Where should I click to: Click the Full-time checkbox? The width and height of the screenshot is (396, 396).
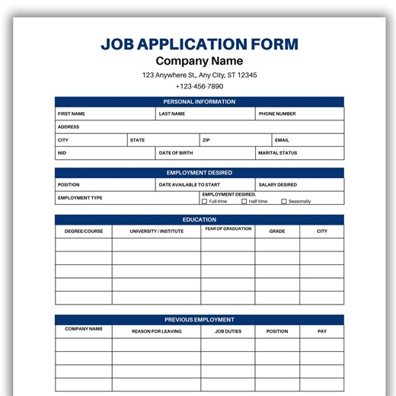204,202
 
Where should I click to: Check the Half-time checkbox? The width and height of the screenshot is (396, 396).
244,202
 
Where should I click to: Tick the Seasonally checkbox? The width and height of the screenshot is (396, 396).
284,202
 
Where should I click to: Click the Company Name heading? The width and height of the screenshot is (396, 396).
200,61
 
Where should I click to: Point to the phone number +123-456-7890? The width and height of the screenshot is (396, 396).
200,87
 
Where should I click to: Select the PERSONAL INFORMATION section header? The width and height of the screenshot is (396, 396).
200,102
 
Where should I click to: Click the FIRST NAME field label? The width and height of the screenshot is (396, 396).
72,114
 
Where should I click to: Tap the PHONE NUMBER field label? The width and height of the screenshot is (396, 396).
277,114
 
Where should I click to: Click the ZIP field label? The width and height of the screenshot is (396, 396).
206,140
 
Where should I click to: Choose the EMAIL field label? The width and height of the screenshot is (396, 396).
282,140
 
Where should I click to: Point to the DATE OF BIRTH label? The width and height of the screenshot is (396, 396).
176,153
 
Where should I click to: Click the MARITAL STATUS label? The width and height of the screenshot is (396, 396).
278,153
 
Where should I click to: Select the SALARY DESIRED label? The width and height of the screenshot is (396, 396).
278,185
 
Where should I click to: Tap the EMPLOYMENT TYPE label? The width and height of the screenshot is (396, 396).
80,198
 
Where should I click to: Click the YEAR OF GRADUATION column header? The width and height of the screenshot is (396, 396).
228,229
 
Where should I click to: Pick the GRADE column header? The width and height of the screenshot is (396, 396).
277,231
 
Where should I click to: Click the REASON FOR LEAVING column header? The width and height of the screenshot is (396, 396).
157,331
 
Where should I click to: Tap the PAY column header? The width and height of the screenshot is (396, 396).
322,331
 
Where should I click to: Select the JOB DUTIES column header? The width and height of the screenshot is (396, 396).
228,331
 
